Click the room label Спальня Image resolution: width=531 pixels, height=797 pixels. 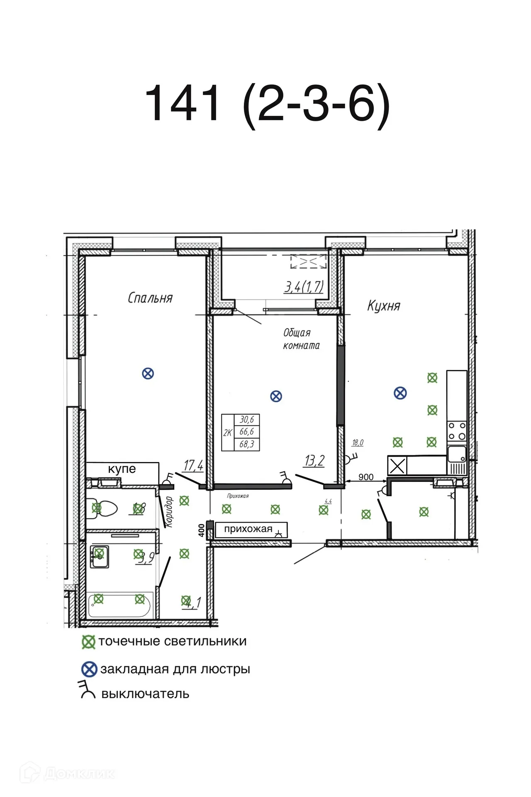coord(150,298)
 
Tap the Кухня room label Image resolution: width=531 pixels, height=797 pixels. coord(383,306)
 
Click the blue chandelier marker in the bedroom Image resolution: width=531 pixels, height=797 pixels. coord(148,374)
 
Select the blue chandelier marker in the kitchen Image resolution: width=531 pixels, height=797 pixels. coord(400,393)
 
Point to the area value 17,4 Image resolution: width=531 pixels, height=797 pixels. coord(193,465)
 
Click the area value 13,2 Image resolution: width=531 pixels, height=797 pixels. coord(314,461)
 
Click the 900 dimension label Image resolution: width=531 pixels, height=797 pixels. coord(365,477)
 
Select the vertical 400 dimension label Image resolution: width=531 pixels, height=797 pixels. coord(202,530)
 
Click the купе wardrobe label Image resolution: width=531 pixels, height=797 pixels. coord(122,469)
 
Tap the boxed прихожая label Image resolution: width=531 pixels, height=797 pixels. coord(248,529)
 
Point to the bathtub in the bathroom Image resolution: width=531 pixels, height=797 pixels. coord(119,606)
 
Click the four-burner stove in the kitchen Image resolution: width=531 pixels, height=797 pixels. coord(457,431)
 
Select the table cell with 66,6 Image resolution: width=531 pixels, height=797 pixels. coord(246,432)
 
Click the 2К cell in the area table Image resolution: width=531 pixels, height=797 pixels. coord(227,433)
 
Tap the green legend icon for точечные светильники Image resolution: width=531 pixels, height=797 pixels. coord(88,642)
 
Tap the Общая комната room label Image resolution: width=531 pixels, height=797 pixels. coord(301,339)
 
